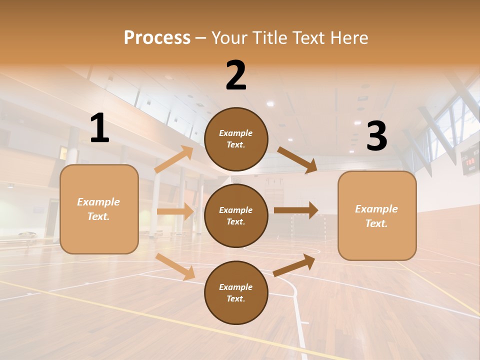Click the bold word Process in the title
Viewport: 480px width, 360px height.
tap(157, 38)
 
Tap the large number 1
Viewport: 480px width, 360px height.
tap(99, 128)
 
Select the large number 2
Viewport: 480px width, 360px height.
tap(236, 75)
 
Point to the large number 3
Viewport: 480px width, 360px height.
tap(376, 136)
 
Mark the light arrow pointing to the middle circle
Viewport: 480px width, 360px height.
tap(175, 211)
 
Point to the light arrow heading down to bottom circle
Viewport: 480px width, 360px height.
tap(175, 266)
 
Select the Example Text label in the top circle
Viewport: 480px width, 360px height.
tap(236, 139)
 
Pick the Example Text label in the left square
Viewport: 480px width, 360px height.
tap(98, 209)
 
